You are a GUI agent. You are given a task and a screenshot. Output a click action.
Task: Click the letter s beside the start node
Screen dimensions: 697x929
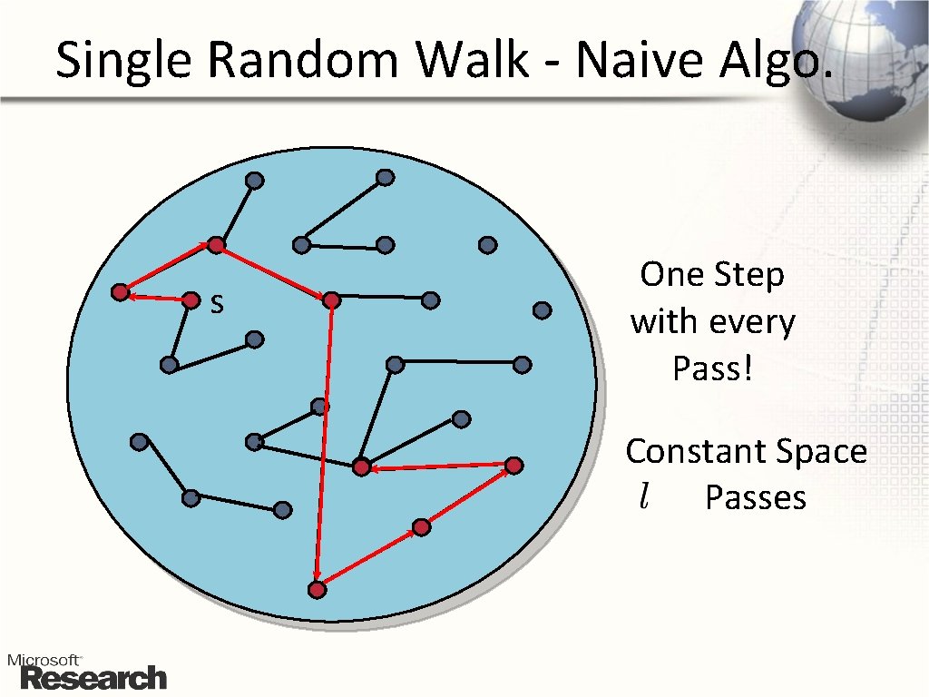216,303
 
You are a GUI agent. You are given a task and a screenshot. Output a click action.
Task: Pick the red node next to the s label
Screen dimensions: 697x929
191,299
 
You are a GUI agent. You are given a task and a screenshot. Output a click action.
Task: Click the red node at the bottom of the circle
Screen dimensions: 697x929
317,590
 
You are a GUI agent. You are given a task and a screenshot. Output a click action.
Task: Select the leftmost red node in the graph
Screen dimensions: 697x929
120,292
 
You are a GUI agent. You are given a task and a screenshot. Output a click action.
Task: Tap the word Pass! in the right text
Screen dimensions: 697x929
712,368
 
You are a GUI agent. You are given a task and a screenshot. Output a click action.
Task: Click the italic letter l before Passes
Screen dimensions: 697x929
643,496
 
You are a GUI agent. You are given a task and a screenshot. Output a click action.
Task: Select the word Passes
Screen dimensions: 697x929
756,497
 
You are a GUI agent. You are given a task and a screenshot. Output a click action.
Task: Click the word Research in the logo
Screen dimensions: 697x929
93,678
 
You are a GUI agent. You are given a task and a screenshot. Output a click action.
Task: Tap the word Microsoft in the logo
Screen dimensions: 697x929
44,660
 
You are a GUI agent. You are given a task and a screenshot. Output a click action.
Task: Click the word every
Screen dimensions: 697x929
749,322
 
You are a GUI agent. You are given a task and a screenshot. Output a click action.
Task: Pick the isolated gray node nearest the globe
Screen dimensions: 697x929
542,310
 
